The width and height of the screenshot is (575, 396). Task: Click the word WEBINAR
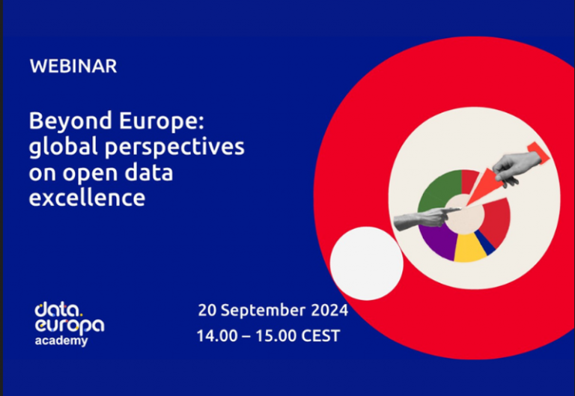pyautogui.click(x=73, y=67)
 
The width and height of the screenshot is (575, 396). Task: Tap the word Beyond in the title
pyautogui.click(x=70, y=122)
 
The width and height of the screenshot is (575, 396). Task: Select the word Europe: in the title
pyautogui.click(x=162, y=122)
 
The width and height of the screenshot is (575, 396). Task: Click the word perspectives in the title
pyautogui.click(x=174, y=147)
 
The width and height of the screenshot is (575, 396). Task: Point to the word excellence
pyautogui.click(x=87, y=198)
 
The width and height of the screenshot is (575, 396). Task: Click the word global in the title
pyautogui.click(x=64, y=147)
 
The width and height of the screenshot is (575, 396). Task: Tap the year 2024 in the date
pyautogui.click(x=329, y=310)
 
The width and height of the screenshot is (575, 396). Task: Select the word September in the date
pyautogui.click(x=263, y=311)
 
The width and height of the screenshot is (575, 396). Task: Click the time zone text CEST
pyautogui.click(x=320, y=336)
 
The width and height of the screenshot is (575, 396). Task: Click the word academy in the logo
pyautogui.click(x=61, y=341)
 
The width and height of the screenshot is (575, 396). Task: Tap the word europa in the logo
pyautogui.click(x=70, y=326)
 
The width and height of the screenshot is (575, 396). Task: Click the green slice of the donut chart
pyautogui.click(x=437, y=191)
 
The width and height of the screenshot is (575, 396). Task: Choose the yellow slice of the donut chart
pyautogui.click(x=469, y=249)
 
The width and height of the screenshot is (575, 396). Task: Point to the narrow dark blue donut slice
pyautogui.click(x=485, y=243)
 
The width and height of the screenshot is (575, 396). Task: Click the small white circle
pyautogui.click(x=367, y=264)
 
